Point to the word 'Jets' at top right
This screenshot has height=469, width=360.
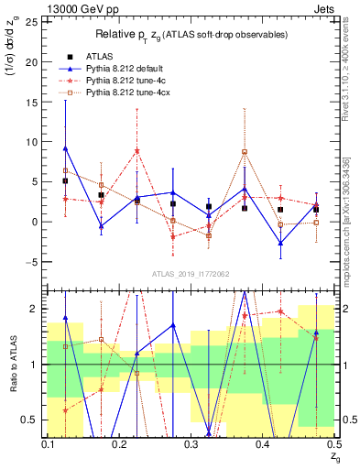tap(326, 7)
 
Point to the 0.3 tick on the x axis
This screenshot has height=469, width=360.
tap(191, 444)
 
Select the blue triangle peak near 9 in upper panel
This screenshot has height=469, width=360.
tap(66, 148)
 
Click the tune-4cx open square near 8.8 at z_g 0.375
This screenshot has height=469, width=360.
tap(245, 152)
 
